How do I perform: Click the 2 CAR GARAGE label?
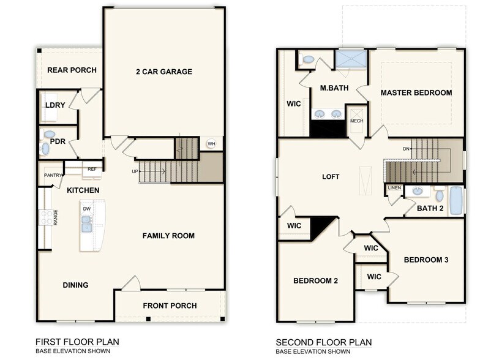point(163,72)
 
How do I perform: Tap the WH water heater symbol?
point(211,144)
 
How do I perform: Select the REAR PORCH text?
point(72,70)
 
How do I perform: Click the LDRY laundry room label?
point(55,105)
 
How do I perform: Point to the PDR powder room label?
point(58,141)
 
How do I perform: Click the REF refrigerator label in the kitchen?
point(92,169)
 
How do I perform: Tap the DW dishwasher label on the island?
point(87,209)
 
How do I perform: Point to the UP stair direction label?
point(135,171)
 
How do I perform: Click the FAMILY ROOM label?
point(168,236)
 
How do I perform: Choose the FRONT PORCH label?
point(170,306)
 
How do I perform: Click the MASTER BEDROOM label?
point(416,93)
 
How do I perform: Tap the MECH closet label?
point(356,121)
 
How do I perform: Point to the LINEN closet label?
point(394,187)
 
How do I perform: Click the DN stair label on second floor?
point(406,149)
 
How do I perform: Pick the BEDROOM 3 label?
point(426,260)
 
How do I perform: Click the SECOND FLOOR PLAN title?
point(323,342)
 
